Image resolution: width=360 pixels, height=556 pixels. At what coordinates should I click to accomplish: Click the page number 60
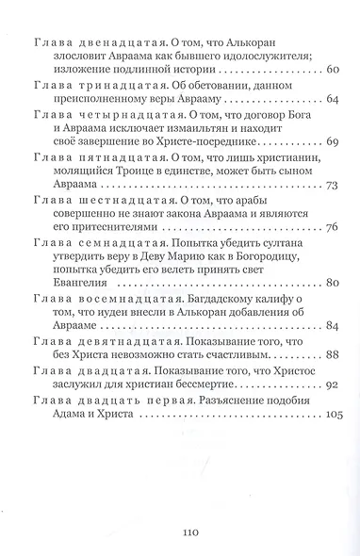[x=331, y=72]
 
